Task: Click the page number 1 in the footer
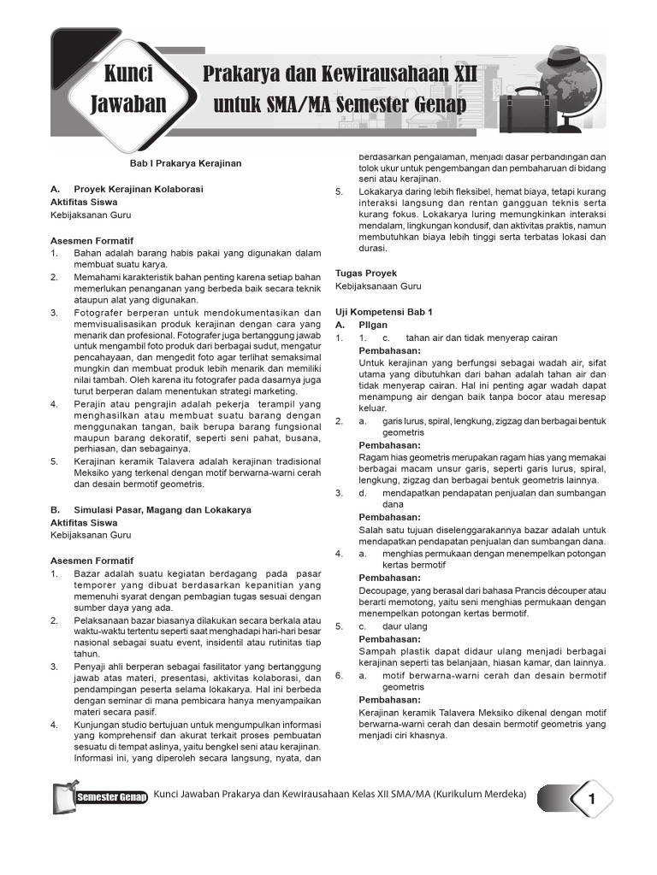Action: pos(590,799)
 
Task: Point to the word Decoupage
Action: pos(386,590)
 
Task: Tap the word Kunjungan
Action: pos(99,725)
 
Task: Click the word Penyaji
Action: pos(91,665)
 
